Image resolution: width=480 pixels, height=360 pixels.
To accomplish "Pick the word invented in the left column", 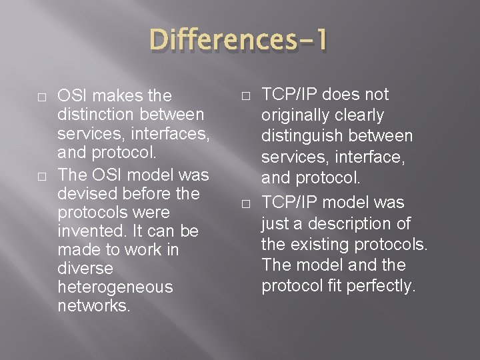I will click(87, 231).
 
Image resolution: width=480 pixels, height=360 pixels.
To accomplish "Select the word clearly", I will click(361, 115).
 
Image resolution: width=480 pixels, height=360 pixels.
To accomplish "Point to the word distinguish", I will click(301, 137).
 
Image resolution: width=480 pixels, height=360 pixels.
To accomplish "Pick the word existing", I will click(317, 244).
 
